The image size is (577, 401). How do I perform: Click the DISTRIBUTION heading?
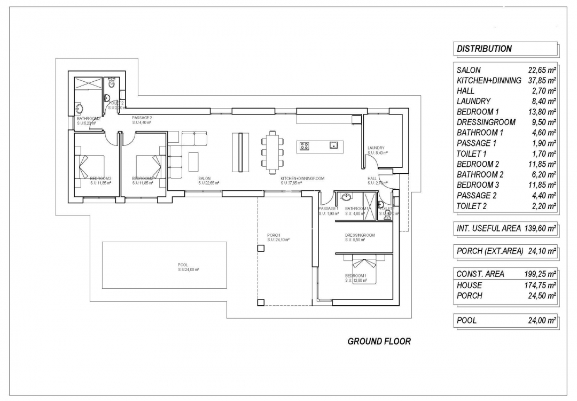tap(484, 49)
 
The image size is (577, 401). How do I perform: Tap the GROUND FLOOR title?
tap(379, 341)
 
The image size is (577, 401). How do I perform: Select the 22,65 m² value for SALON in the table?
tap(541, 70)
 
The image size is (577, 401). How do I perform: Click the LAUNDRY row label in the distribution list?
tap(473, 101)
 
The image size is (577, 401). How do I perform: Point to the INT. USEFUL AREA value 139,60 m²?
tap(538, 228)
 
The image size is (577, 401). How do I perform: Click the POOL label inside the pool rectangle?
tap(183, 265)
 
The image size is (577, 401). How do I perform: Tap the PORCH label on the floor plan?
tap(273, 235)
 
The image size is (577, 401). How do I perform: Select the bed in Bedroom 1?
tap(364, 270)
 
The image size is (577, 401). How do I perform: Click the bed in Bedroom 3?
tap(91, 166)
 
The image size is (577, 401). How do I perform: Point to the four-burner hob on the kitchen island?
tap(306, 145)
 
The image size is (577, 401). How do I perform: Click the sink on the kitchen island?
tap(334, 144)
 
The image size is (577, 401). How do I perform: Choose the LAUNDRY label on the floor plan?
tap(376, 148)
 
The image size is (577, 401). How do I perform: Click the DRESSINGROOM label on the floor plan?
tap(360, 235)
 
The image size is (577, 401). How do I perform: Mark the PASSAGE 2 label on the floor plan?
tap(142, 117)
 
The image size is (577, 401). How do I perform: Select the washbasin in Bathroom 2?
tap(80, 109)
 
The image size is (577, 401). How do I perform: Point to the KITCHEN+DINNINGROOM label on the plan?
tap(302, 178)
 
